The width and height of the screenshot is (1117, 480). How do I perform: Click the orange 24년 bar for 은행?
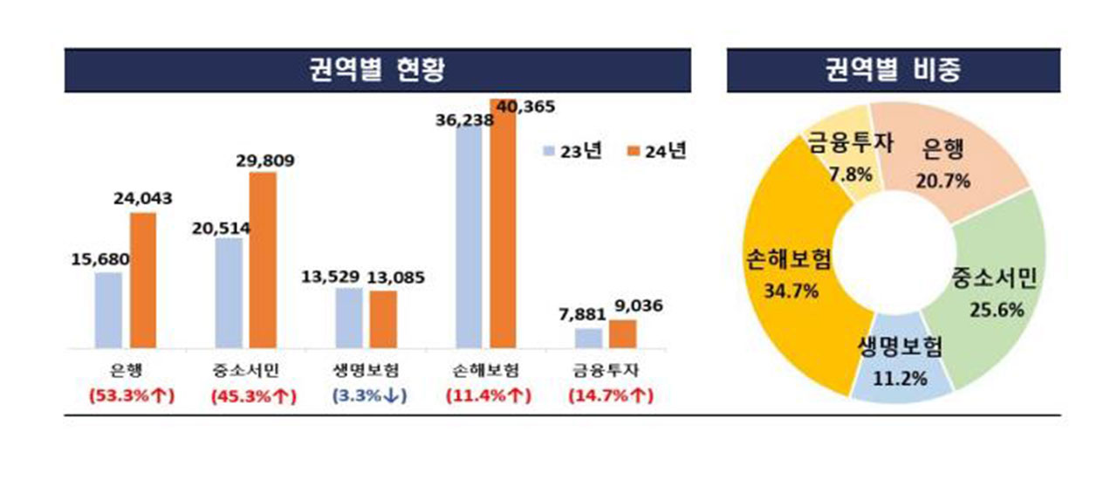coord(143,279)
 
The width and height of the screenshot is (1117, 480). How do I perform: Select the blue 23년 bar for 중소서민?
coord(228,292)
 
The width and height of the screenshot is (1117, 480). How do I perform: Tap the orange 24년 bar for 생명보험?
coord(382,319)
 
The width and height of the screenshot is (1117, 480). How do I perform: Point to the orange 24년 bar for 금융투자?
coord(622,333)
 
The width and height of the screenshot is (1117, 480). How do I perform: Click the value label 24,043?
coord(142,199)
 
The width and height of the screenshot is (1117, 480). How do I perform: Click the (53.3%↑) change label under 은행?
coord(132,395)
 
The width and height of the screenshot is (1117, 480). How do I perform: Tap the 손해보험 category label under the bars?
coord(490,370)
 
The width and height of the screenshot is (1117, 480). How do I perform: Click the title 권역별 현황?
coord(377,71)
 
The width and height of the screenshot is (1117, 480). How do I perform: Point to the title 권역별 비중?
coord(894,71)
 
